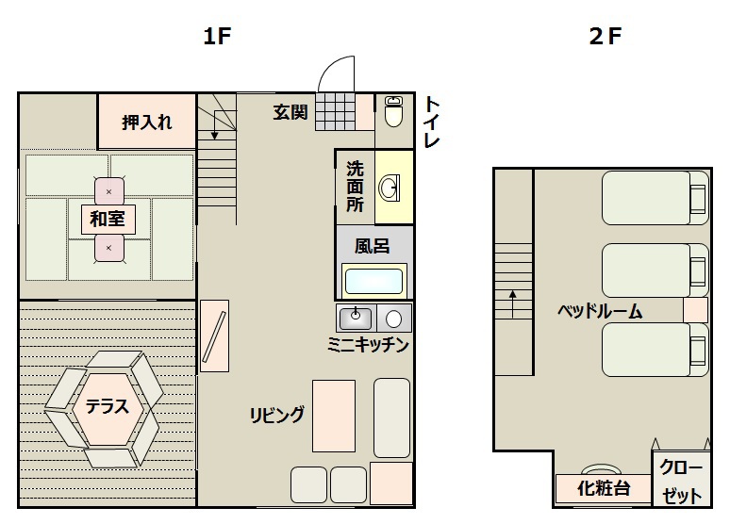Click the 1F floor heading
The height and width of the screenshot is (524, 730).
218,37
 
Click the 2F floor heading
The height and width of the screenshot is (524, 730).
606,37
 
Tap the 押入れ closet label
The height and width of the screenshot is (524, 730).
146,123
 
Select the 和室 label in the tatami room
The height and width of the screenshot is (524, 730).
108,220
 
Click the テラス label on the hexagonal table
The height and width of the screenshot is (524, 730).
108,407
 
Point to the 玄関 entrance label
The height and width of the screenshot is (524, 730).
290,112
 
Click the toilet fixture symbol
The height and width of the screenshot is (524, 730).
394,111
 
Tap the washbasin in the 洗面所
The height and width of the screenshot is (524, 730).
390,188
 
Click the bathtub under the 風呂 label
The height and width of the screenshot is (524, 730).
373,281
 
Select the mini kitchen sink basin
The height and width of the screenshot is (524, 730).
356,319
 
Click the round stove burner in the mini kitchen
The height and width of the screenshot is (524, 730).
394,319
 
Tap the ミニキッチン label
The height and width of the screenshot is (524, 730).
368,345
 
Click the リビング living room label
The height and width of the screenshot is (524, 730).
277,415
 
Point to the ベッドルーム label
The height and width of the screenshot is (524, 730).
600,311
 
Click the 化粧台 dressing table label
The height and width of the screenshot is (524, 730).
604,488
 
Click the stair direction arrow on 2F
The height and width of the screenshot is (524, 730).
512,303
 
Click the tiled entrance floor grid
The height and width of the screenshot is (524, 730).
335,111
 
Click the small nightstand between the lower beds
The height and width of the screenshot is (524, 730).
695,310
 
